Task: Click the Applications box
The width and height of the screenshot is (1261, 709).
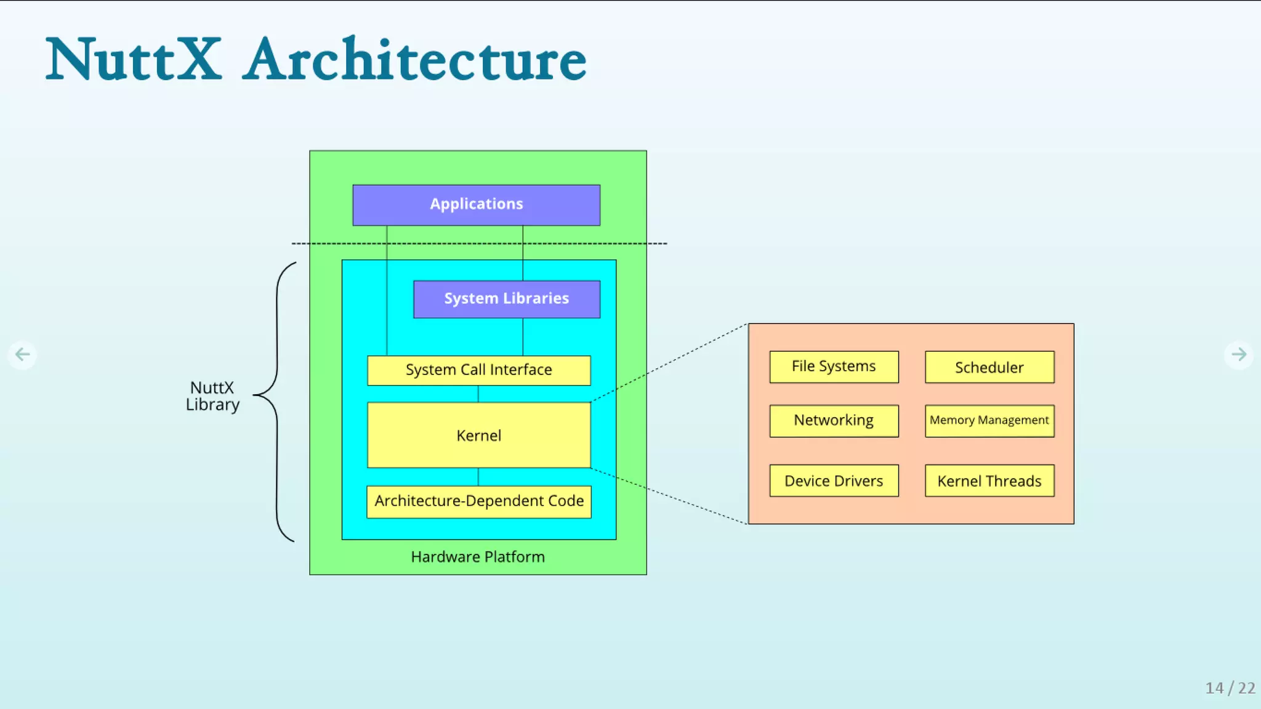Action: [x=476, y=205]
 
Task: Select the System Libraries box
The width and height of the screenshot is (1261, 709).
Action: [x=506, y=299]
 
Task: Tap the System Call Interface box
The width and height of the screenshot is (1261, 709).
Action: [x=478, y=370]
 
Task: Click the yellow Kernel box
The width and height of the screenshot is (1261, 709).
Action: [x=478, y=436]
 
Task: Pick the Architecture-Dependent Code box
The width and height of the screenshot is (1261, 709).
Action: [x=478, y=501]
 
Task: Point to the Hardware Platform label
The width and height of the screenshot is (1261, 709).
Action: [x=478, y=557]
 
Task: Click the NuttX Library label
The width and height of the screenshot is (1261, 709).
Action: [x=212, y=396]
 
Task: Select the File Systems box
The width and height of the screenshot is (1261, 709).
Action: [x=834, y=367]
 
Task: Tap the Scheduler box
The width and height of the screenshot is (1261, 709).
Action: [x=989, y=367]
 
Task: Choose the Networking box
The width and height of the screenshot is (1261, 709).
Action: [x=834, y=421]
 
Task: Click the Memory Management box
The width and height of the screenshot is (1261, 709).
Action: [x=989, y=421]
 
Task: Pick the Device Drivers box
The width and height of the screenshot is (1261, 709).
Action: [x=834, y=481]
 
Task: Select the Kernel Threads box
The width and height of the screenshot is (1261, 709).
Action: [x=989, y=481]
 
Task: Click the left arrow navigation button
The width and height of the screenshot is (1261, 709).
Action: [x=22, y=354]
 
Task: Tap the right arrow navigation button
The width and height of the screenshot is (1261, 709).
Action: [x=1238, y=354]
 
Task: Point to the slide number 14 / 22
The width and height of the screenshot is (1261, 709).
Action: [x=1230, y=688]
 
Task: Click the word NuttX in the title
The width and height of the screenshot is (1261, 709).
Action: [x=134, y=60]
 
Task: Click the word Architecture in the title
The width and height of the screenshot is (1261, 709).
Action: [x=414, y=60]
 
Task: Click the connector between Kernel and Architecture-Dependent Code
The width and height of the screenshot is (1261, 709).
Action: [x=478, y=477]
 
